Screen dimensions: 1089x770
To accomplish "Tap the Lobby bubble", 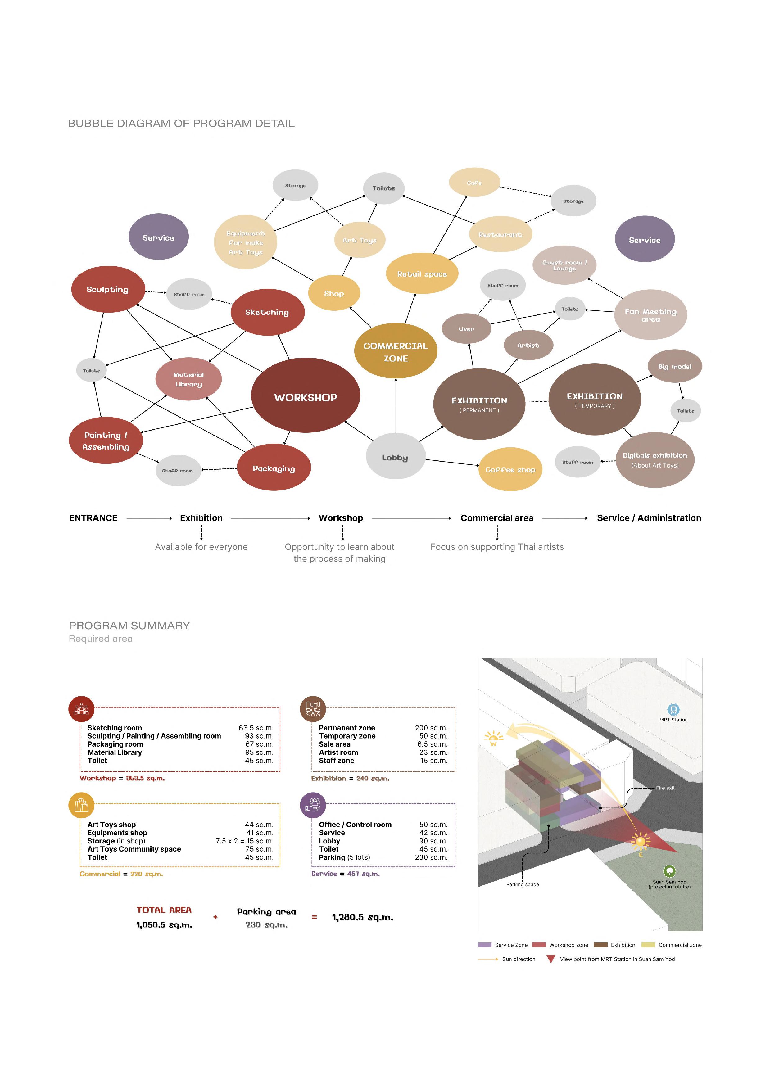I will pyautogui.click(x=395, y=457).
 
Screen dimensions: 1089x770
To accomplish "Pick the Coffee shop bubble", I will pyautogui.click(x=510, y=469).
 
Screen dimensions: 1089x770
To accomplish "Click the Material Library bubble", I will pyautogui.click(x=188, y=379).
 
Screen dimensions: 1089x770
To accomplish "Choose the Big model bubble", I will pyautogui.click(x=674, y=366).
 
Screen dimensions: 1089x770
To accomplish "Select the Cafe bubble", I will pyautogui.click(x=474, y=182).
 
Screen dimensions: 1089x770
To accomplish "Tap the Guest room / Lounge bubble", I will pyautogui.click(x=564, y=265).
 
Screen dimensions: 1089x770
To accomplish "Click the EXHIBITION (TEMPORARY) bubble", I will pyautogui.click(x=595, y=399).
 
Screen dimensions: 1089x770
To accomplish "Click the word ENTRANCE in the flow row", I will pyautogui.click(x=93, y=518).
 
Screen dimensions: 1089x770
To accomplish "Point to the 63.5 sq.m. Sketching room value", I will pyautogui.click(x=256, y=728).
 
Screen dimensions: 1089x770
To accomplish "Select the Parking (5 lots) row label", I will pyautogui.click(x=344, y=857).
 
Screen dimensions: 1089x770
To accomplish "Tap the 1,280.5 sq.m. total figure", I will pyautogui.click(x=362, y=917).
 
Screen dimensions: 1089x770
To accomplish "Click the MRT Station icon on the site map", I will pyautogui.click(x=673, y=710).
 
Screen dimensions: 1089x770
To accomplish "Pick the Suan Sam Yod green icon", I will pyautogui.click(x=669, y=871).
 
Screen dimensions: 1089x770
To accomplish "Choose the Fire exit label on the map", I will pyautogui.click(x=665, y=788).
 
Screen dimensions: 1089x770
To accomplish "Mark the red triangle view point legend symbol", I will pyautogui.click(x=551, y=959).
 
